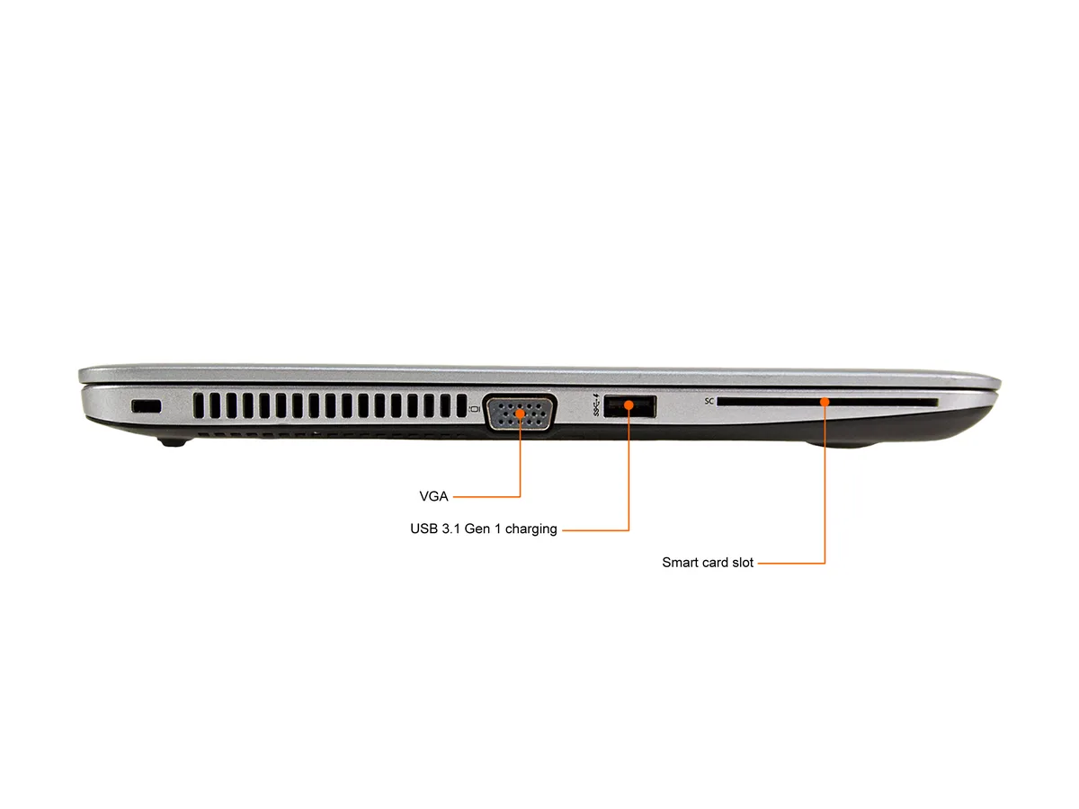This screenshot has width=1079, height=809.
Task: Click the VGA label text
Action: (x=433, y=496)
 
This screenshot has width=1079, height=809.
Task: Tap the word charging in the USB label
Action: (x=531, y=529)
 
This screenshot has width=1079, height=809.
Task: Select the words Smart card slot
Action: (x=708, y=563)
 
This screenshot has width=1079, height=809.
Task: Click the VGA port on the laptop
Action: (x=520, y=413)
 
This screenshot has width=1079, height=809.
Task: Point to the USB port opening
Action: (x=629, y=406)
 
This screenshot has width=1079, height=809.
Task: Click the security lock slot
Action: (x=146, y=406)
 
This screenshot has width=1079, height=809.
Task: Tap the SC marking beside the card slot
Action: (x=709, y=401)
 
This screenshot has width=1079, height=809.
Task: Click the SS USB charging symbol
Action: (x=596, y=404)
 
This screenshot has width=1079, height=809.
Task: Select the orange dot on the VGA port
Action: (x=520, y=413)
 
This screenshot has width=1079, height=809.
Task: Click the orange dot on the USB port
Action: (x=629, y=405)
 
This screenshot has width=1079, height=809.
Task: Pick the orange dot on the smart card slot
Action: (x=825, y=403)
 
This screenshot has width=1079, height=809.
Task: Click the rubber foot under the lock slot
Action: (x=173, y=441)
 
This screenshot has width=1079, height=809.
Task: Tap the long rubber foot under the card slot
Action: (x=842, y=444)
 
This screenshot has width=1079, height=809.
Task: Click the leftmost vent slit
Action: (x=198, y=405)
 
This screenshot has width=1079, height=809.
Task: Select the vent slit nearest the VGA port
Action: (x=461, y=405)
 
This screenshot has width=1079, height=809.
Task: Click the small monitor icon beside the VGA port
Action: (x=474, y=409)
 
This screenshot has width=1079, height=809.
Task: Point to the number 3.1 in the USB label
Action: (x=450, y=529)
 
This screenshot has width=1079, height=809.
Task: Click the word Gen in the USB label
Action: (x=477, y=529)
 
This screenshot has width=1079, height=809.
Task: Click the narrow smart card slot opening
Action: (x=827, y=403)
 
